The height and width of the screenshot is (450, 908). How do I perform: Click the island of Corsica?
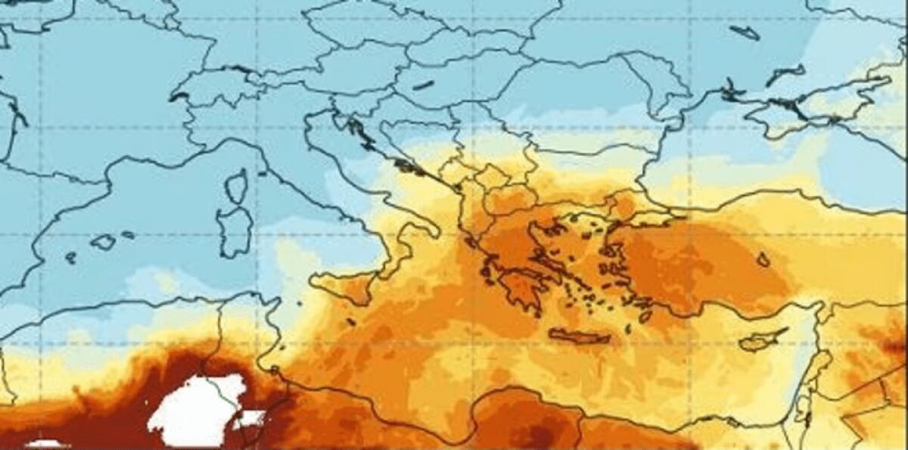(x=237, y=186)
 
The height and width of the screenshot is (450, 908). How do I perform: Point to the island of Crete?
(x=578, y=335)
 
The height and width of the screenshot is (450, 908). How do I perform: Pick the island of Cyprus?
(x=760, y=340)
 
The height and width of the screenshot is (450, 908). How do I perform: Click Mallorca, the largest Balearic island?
(x=103, y=242)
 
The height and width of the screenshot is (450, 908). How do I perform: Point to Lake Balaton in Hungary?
(x=423, y=85)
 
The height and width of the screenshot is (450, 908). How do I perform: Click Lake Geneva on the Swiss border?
(x=179, y=97)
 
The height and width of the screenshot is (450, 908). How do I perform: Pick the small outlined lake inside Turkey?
(x=763, y=259)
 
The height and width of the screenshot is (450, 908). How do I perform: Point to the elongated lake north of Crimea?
(x=745, y=32)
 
